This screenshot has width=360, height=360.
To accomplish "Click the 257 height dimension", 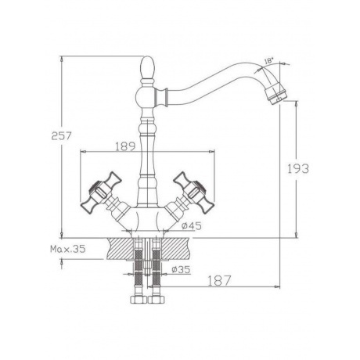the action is [61, 136].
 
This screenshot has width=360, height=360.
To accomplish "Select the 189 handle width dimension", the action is [125, 146].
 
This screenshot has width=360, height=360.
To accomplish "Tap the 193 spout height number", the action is [298, 169].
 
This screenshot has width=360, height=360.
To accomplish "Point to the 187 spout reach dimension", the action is [219, 281].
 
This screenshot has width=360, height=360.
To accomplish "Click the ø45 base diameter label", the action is [192, 226].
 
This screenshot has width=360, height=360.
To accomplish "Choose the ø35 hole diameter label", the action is [181, 269].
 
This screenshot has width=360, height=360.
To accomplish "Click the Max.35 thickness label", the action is [68, 249].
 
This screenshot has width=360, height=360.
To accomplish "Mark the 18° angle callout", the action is [269, 61].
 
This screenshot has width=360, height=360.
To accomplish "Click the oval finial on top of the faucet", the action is [148, 67].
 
